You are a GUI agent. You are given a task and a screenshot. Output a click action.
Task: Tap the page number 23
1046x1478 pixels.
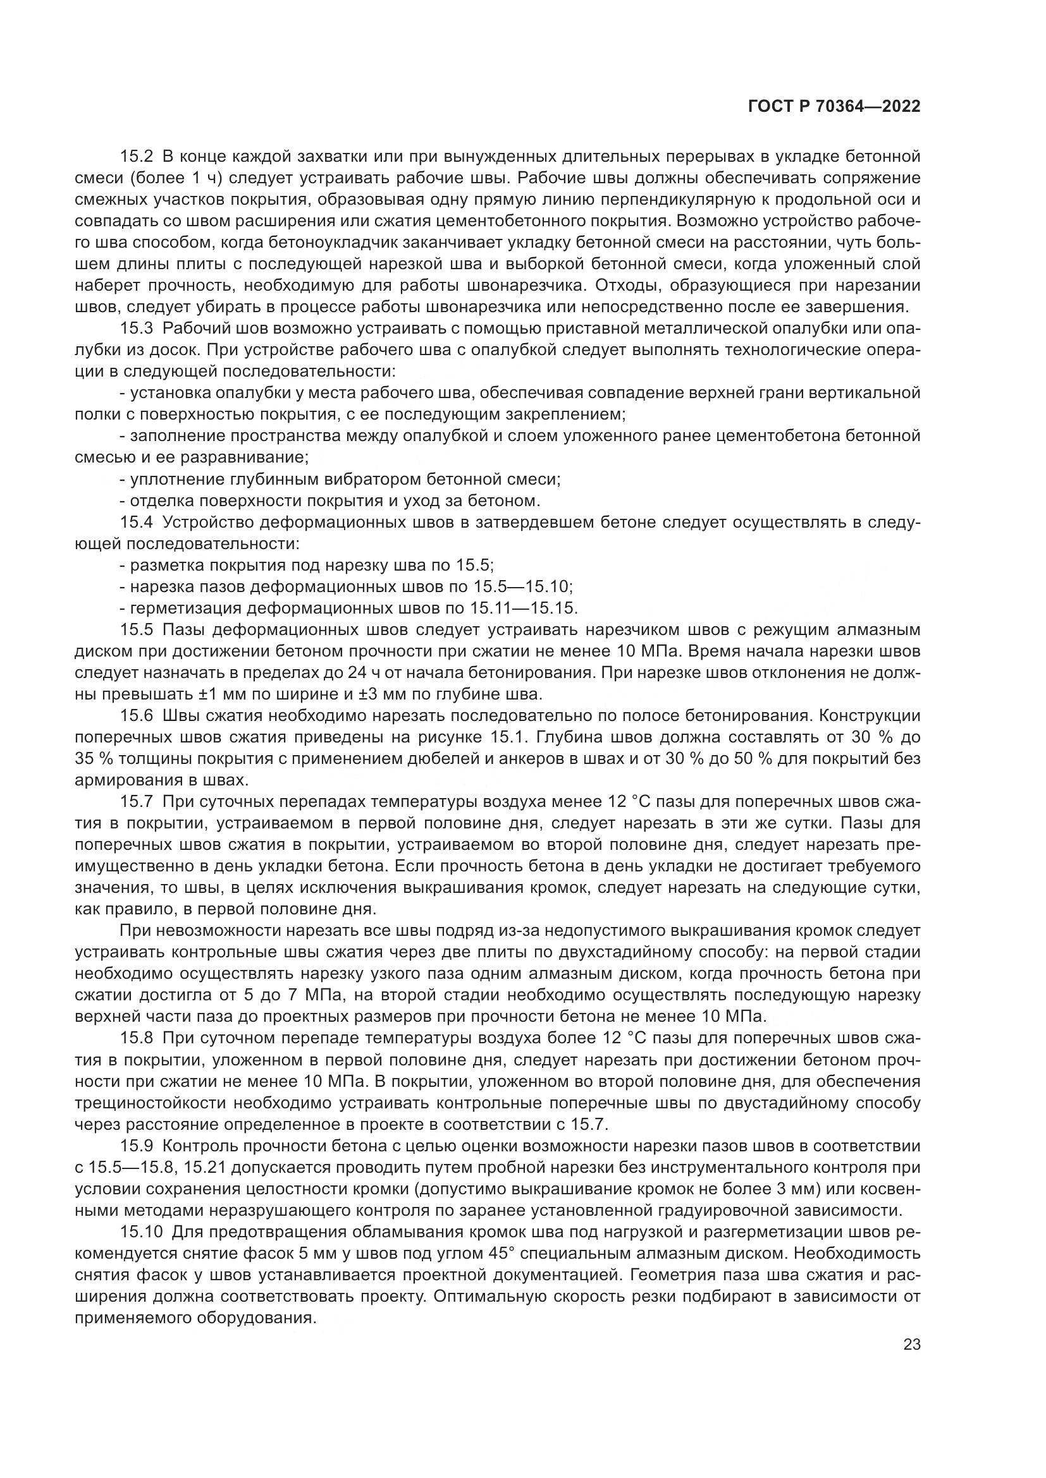click(911, 1345)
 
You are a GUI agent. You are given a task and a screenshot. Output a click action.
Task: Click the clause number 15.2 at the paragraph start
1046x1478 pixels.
click(137, 157)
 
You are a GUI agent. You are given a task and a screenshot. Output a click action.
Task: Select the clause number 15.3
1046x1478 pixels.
click(137, 329)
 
